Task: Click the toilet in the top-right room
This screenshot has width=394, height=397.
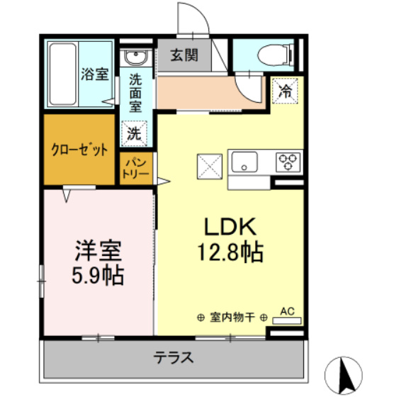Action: click(272, 54)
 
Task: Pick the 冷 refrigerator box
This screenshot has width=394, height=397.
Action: click(285, 91)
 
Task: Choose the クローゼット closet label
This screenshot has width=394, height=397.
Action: click(80, 150)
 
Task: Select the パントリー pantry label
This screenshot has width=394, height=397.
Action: click(135, 168)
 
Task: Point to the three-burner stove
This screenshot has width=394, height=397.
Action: click(288, 162)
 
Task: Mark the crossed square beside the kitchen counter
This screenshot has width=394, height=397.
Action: click(209, 167)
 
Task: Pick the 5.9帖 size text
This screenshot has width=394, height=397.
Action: click(99, 274)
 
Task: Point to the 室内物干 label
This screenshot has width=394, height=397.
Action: click(232, 318)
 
